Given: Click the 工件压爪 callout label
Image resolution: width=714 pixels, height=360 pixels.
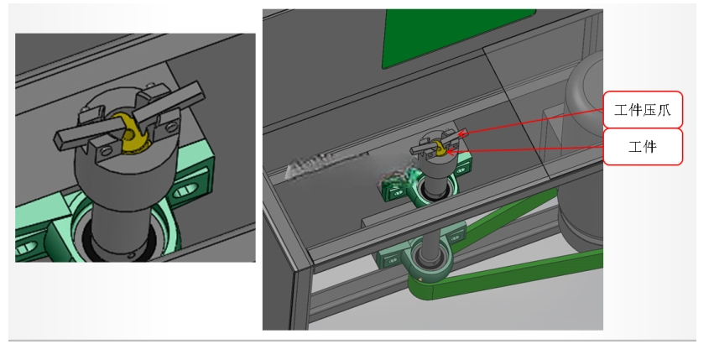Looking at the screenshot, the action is [x=643, y=110].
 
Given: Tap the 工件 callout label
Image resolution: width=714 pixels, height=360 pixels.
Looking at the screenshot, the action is [x=643, y=147].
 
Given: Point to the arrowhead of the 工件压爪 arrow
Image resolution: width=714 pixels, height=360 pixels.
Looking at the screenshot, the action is [x=462, y=134].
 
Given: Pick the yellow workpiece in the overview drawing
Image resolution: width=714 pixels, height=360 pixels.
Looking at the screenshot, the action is [x=440, y=149].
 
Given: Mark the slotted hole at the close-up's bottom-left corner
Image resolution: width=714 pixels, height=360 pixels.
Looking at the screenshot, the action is [x=25, y=248].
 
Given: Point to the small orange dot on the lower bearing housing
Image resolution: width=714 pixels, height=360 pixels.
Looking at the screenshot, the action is [x=420, y=279].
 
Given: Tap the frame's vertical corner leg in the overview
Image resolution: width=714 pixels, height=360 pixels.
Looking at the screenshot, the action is [x=302, y=296].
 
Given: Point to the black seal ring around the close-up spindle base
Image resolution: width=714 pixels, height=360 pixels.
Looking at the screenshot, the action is [x=121, y=251].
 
